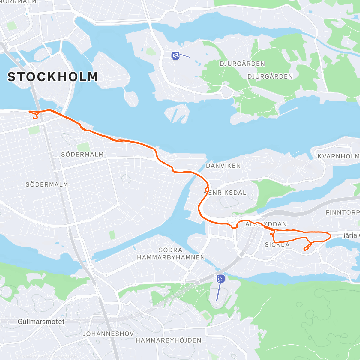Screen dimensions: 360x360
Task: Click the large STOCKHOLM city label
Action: tap(53, 77)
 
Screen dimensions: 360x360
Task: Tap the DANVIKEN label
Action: tap(223, 166)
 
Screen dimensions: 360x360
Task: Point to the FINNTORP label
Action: tap(342, 212)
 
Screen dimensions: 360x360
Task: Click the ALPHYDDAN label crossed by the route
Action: tap(266, 224)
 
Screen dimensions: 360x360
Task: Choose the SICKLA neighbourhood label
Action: tap(277, 245)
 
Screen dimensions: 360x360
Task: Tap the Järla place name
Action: tap(351, 235)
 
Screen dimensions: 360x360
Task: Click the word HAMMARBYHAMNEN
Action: tap(171, 257)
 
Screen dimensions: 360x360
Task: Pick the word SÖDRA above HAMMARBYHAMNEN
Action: tap(171, 250)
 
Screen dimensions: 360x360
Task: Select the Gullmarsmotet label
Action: tap(41, 322)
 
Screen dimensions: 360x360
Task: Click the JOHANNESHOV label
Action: tap(108, 334)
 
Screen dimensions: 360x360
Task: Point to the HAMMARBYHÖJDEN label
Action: tap(169, 340)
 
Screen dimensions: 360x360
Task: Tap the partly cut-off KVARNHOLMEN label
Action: tap(338, 156)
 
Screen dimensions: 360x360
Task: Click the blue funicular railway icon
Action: tap(175, 55)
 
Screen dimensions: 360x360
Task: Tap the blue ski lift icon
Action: tap(221, 278)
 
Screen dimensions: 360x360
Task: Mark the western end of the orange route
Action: tap(29, 112)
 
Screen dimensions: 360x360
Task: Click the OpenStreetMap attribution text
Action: tap(63, 356)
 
